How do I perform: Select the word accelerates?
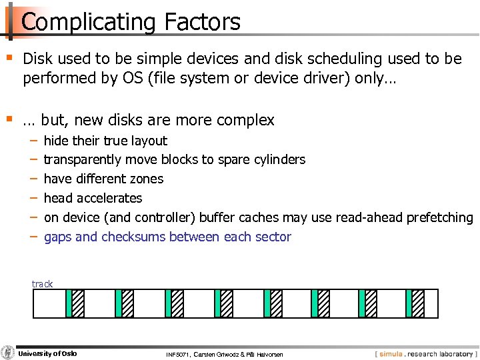tap(109, 198)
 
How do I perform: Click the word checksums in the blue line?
tap(132, 237)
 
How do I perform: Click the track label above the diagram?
tap(42, 284)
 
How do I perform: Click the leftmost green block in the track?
tap(69, 303)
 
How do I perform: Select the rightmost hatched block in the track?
tap(417, 303)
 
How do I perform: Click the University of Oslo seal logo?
tap(8, 353)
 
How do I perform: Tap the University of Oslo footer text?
tap(47, 353)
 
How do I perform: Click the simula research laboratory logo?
tap(425, 353)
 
